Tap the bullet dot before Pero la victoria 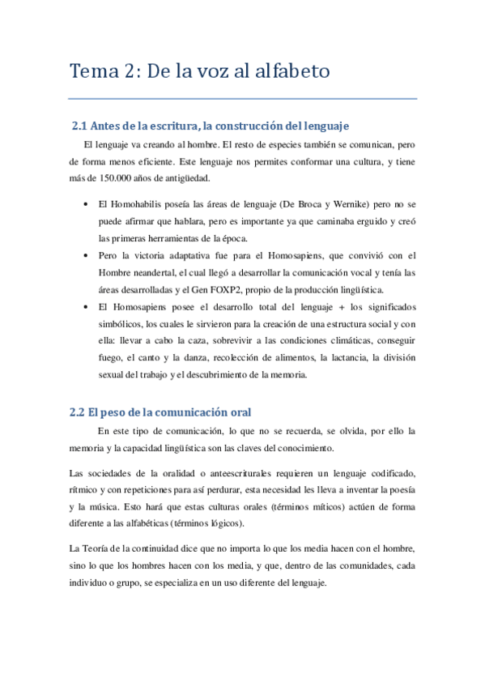pos(86,255)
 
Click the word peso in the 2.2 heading pos(117,412)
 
